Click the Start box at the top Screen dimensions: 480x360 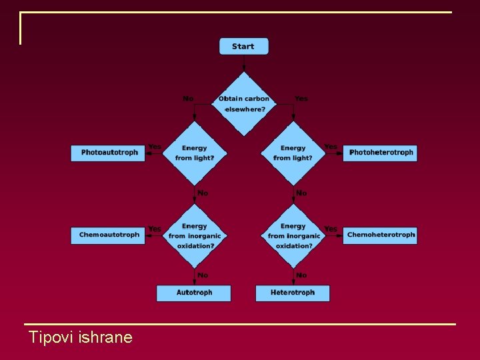pos(243,46)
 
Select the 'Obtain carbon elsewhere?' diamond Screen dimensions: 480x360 pos(244,103)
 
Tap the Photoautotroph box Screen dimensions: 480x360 pos(108,153)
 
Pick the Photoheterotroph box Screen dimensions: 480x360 pos(380,153)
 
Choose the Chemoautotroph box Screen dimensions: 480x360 pos(108,235)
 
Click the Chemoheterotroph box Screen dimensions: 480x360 pos(380,235)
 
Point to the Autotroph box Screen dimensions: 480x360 pos(194,293)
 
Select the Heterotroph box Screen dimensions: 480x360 pos(292,293)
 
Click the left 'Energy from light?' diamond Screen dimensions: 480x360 pos(195,153)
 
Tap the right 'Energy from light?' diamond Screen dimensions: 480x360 pos(293,153)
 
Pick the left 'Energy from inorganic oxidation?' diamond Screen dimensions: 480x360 pos(195,236)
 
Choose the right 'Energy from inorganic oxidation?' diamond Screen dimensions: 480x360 pos(293,236)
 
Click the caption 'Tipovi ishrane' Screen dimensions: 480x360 pos(81,337)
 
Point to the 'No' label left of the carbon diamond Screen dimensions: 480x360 pos(188,99)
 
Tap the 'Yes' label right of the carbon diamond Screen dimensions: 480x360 pos(301,99)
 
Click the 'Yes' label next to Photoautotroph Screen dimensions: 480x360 pos(155,147)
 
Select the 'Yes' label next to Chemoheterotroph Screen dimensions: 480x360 pos(331,229)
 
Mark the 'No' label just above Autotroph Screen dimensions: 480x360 pos(203,275)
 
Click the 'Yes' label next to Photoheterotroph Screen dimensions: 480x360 pos(331,147)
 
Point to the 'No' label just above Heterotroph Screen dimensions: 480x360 pos(301,275)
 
